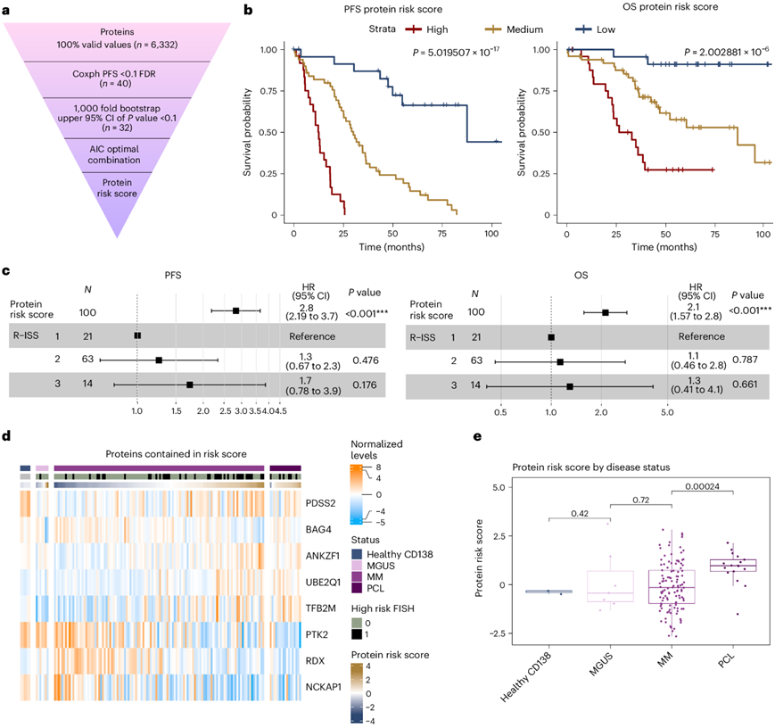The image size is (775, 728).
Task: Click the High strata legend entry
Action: (425, 30)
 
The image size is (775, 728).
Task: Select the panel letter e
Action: (478, 437)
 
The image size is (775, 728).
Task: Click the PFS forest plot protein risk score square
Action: (235, 310)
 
